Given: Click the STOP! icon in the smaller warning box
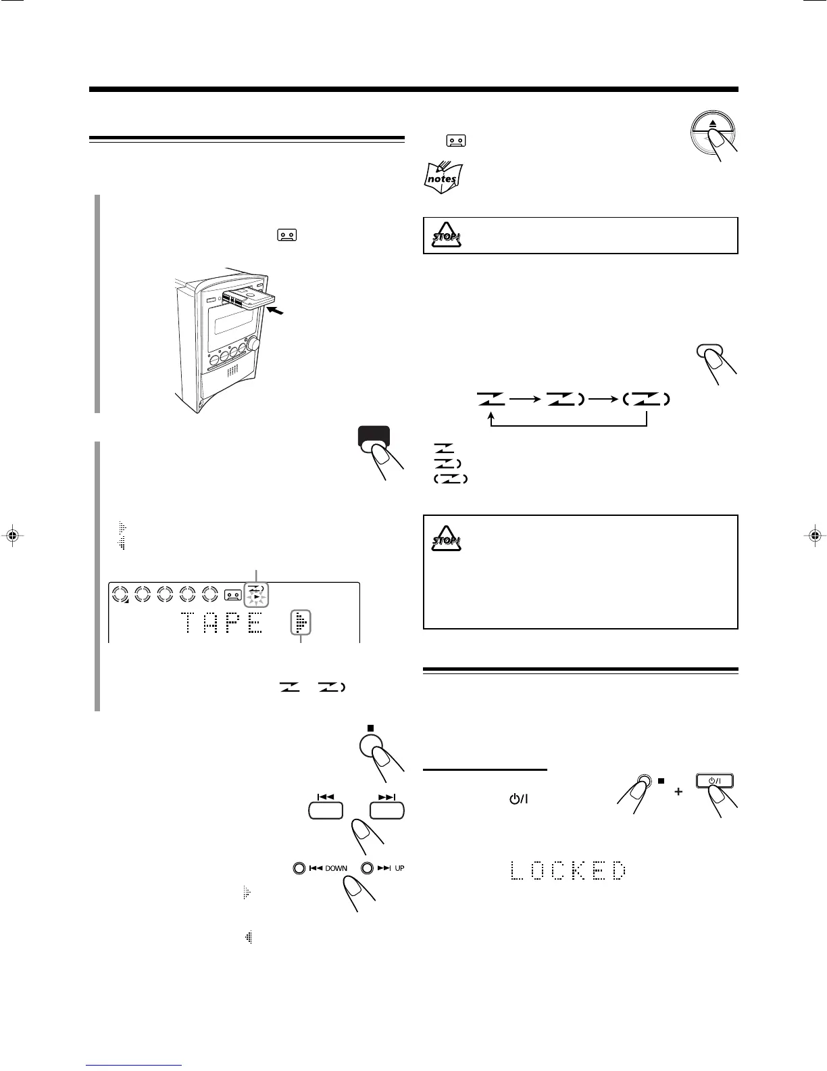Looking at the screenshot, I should (447, 235).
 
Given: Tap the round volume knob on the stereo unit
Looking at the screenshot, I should (255, 343).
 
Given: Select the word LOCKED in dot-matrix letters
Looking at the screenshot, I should (568, 870).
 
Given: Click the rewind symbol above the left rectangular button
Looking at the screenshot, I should (326, 796).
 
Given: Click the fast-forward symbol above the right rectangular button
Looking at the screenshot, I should (387, 796).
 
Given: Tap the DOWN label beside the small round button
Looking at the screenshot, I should (336, 868).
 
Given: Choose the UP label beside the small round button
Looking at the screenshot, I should (399, 868).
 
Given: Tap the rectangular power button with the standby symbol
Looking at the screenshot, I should (714, 782).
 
